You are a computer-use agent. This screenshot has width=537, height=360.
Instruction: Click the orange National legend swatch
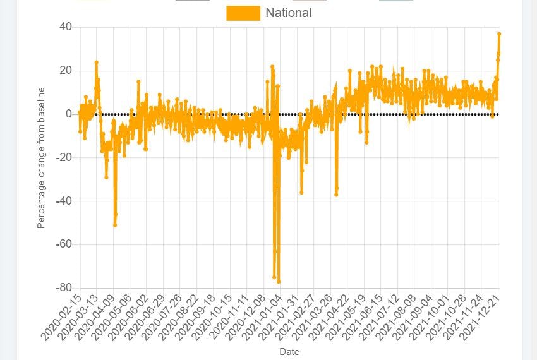pos(243,13)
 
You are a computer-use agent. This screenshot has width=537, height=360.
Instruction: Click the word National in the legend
pos(288,13)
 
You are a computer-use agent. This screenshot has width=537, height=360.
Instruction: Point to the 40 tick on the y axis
pos(66,27)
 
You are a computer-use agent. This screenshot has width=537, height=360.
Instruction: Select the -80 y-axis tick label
pos(63,288)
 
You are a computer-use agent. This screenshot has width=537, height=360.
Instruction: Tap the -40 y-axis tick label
pos(63,201)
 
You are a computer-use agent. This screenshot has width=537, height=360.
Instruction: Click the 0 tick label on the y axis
pos(69,114)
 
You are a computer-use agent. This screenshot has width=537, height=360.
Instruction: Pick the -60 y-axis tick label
pos(63,244)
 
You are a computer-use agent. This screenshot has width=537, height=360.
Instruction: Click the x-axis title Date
pos(289,352)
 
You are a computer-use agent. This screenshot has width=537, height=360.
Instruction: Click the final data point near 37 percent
pos(499,33)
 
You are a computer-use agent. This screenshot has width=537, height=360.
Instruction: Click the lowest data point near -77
pos(279,282)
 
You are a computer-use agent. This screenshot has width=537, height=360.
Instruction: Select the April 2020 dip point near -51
pos(115,225)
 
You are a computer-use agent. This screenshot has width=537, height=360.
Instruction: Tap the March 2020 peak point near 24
pos(96,62)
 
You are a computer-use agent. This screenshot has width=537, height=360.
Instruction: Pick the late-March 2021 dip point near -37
pos(336,195)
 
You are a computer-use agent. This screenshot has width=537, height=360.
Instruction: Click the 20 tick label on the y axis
pos(66,70)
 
